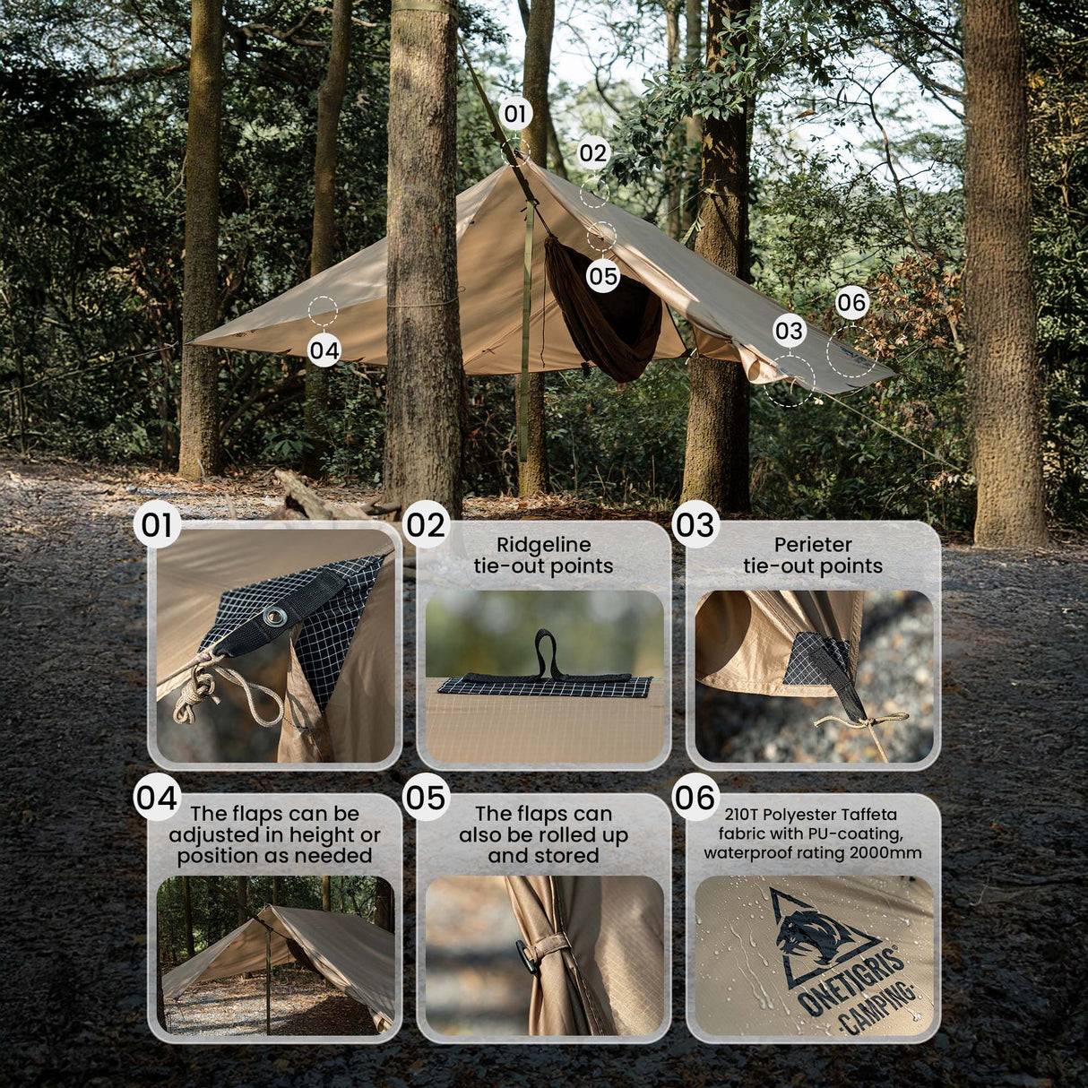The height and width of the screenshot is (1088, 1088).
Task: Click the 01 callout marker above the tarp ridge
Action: coord(514,114)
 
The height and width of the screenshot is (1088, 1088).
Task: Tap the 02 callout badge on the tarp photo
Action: coord(592,153)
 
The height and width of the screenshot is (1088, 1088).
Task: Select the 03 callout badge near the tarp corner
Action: coord(789,332)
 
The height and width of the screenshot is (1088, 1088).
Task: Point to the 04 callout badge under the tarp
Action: coord(324,350)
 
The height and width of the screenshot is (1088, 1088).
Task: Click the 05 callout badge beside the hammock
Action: coord(603,276)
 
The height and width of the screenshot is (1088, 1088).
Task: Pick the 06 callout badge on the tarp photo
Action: coord(851,303)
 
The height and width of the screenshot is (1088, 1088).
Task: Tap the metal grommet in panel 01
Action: coord(275,615)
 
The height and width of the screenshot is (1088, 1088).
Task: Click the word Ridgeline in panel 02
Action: coord(543,545)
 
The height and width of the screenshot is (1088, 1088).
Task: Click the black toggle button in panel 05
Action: coord(527,957)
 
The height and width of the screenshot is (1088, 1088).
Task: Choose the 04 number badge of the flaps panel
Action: coord(157,797)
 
